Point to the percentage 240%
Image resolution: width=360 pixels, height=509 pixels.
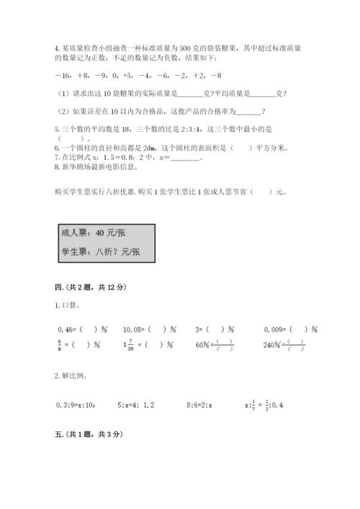262,343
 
